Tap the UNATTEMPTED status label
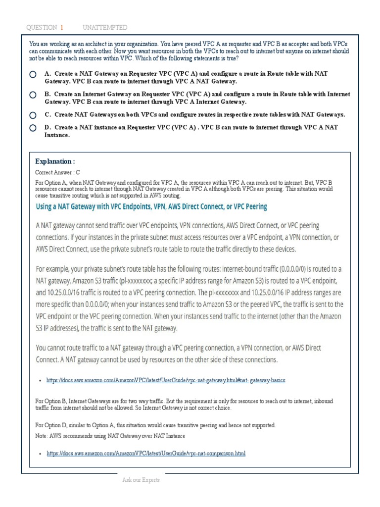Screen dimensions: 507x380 105,27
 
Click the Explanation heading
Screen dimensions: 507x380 55,161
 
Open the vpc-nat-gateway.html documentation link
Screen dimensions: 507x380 166,380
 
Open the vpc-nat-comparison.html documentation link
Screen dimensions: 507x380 146,453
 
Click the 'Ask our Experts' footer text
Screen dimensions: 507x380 141,480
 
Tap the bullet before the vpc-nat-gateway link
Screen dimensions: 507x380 39,381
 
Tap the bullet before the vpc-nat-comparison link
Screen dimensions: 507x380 39,454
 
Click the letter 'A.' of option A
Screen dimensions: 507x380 48,73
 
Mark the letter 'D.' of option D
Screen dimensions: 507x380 48,127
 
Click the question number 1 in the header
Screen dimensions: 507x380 62,27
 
